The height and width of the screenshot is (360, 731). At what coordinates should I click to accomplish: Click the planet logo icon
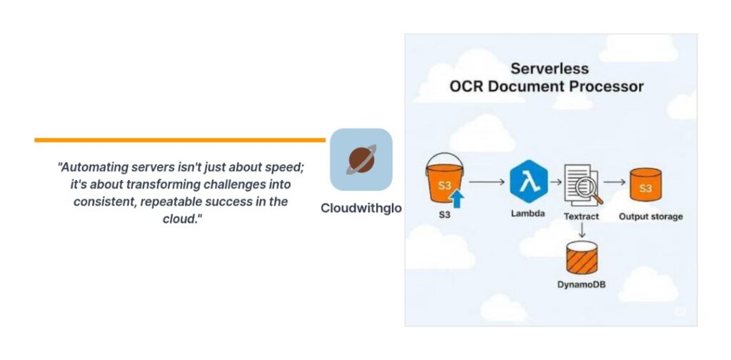(361, 160)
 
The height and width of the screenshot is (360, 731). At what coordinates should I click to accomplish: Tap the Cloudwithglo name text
(361, 208)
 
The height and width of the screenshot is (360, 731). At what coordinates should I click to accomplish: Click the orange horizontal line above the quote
(179, 140)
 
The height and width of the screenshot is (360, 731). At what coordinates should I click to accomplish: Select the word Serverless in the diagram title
(549, 69)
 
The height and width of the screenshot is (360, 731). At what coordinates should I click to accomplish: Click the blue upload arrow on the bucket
(457, 197)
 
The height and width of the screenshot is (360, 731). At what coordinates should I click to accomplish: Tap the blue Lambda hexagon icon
(529, 181)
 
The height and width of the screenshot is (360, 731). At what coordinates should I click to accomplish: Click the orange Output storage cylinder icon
(645, 186)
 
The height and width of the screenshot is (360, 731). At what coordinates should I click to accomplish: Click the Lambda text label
(528, 214)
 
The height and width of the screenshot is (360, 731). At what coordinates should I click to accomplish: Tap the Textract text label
(581, 216)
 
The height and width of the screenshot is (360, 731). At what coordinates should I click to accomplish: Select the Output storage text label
(650, 216)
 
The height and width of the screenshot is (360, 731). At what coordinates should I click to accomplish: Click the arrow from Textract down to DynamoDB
(582, 229)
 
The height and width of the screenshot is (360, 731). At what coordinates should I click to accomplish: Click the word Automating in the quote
(94, 167)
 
